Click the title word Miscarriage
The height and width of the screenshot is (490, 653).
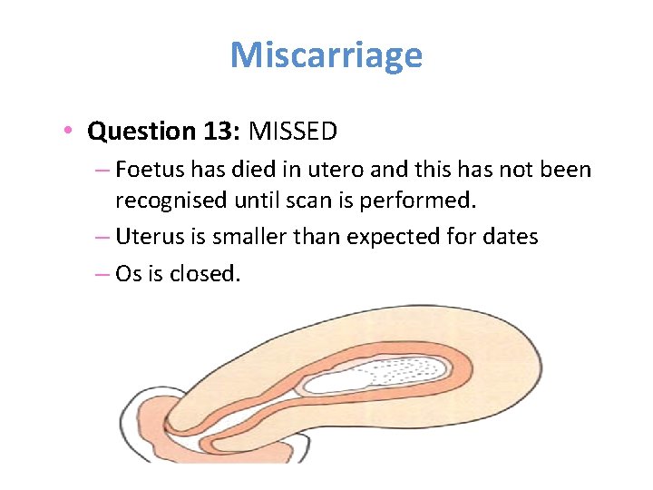click(x=326, y=56)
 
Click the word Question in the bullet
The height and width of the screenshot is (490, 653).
click(x=136, y=132)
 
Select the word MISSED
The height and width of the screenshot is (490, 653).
click(x=293, y=132)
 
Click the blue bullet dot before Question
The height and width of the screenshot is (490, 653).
click(x=69, y=132)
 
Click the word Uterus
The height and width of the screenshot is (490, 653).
click(x=148, y=238)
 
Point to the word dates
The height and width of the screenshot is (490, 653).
click(x=508, y=238)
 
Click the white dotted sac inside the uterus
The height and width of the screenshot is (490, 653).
click(x=381, y=373)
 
